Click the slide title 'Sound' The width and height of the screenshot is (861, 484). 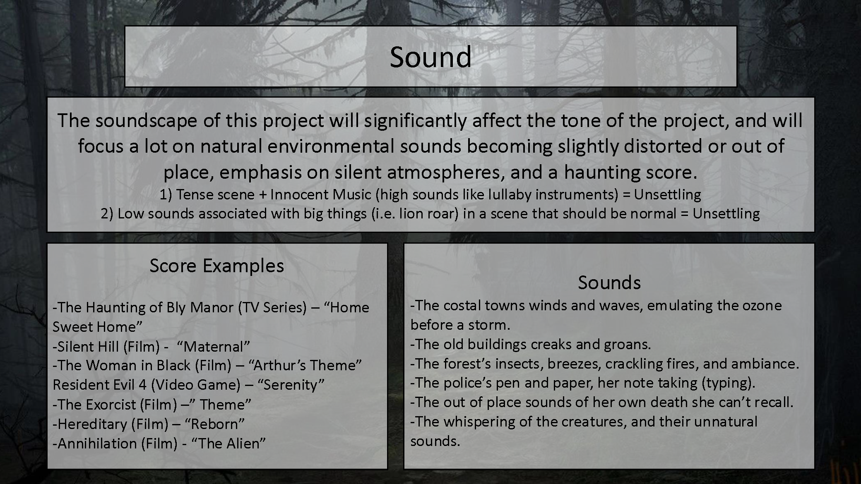pos(430,57)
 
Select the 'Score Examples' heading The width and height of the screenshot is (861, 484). pos(216,266)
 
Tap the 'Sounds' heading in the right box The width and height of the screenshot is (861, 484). pos(609,283)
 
